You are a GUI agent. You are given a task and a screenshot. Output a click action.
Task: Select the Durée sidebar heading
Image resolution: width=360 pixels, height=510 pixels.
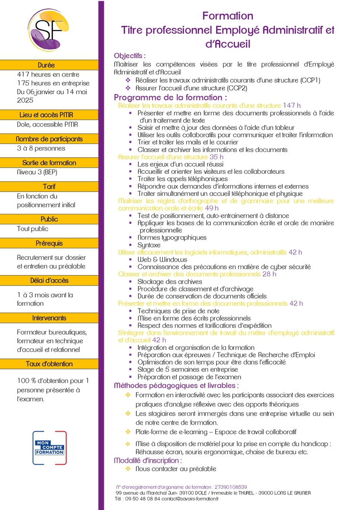click(49, 65)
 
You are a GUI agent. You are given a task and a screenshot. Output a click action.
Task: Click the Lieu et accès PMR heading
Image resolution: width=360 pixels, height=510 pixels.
click(49, 115)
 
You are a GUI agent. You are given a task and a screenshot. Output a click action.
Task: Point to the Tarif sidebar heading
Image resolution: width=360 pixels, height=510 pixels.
click(49, 187)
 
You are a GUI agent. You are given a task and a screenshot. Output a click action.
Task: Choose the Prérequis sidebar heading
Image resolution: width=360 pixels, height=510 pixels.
click(49, 244)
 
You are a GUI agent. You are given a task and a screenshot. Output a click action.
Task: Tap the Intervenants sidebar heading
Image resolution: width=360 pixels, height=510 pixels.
click(49, 318)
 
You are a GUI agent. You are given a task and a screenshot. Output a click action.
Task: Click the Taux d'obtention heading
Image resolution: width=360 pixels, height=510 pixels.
click(49, 364)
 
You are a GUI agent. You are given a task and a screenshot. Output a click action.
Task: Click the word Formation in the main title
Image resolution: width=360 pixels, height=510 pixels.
click(228, 16)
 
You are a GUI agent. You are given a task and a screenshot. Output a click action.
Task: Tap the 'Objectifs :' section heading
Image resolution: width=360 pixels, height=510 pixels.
click(130, 55)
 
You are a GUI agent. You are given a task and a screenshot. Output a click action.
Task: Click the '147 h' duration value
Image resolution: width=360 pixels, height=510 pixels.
click(292, 105)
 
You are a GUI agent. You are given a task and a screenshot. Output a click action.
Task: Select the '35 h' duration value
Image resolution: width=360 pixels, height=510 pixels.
click(217, 157)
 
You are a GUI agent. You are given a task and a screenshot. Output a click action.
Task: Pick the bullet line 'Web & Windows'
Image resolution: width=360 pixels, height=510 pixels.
click(162, 259)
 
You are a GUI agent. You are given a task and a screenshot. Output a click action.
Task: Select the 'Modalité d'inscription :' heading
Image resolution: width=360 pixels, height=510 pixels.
click(148, 460)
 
